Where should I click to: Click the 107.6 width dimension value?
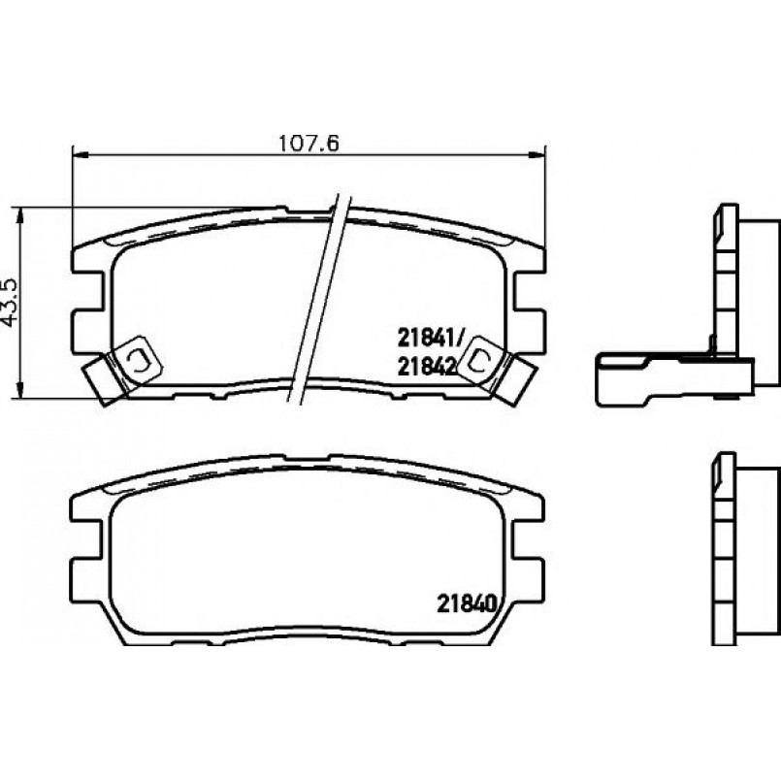click(309, 144)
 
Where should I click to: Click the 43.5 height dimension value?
click(10, 303)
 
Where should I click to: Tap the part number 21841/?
click(431, 340)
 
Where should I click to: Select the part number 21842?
click(427, 367)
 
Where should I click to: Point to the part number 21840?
click(468, 604)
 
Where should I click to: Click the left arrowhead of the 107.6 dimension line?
click(81, 156)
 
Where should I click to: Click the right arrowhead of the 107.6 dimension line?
click(537, 156)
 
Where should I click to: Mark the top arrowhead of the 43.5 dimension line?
click(19, 216)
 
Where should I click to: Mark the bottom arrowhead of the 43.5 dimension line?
click(19, 390)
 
